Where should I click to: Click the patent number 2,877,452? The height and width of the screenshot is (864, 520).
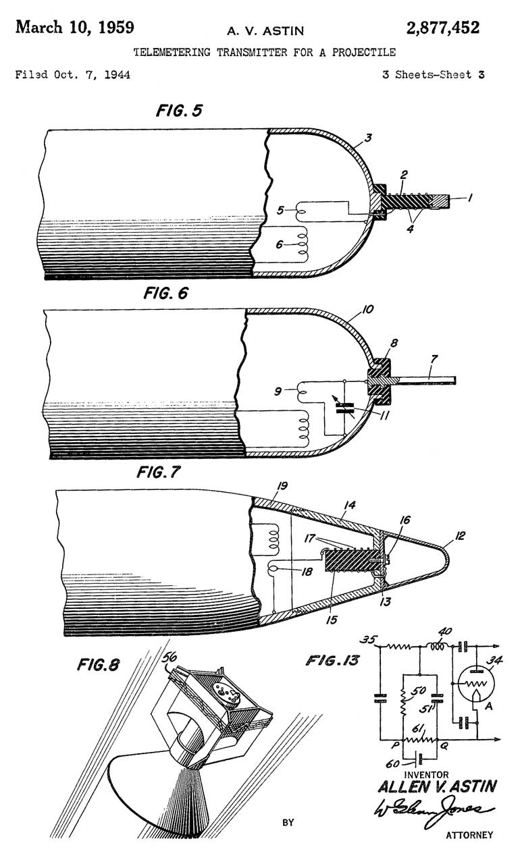pyautogui.click(x=443, y=28)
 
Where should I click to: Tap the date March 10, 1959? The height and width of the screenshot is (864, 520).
pyautogui.click(x=75, y=28)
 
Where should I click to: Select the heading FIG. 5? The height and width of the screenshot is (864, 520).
pyautogui.click(x=179, y=111)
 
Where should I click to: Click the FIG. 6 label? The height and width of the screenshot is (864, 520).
pyautogui.click(x=165, y=294)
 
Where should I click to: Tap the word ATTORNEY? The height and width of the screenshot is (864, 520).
pyautogui.click(x=469, y=835)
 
